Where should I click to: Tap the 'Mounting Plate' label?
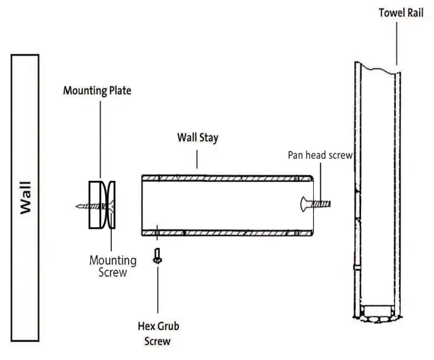tap(97, 91)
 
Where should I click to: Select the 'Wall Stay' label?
tap(198, 137)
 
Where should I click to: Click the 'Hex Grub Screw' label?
tap(158, 334)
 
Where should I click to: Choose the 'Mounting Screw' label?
tap(113, 266)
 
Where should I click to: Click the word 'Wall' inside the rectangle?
tap(25, 198)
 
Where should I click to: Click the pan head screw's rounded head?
tap(304, 204)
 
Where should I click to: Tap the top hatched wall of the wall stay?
tap(227, 177)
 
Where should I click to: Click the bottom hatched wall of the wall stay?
tap(227, 232)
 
